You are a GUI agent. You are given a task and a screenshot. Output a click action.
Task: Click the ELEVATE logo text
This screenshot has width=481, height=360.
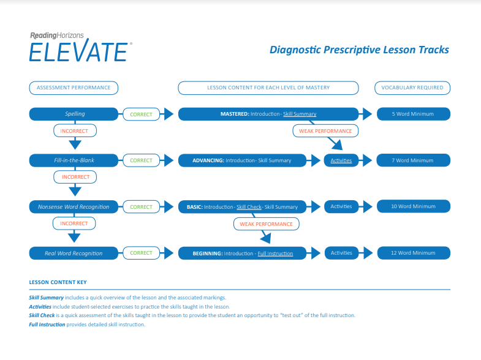[x=78, y=51]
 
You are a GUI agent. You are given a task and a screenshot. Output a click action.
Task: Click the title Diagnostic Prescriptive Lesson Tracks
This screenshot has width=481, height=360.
[x=359, y=50]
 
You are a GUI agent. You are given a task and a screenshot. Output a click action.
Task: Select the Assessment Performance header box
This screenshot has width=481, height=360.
[x=74, y=88]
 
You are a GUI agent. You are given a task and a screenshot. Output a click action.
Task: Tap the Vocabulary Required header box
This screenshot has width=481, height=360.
[x=412, y=88]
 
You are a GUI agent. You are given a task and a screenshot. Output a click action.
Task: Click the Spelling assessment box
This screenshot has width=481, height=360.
[x=74, y=114]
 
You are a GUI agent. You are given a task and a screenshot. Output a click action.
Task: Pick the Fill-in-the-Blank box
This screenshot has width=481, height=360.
[x=74, y=160]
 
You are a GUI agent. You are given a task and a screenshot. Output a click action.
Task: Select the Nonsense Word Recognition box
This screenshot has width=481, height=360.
[x=74, y=207]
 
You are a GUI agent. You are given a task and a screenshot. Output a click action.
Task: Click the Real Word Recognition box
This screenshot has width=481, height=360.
[x=74, y=253]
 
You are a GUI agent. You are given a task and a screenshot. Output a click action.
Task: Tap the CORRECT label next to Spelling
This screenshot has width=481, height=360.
[x=141, y=114]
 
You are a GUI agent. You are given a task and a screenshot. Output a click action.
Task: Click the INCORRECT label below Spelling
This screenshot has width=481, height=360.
[x=75, y=130]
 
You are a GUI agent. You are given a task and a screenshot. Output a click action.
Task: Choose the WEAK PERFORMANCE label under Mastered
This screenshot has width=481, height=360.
[x=325, y=130]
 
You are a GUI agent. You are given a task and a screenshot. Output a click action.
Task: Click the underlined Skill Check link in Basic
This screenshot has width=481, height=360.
[x=249, y=207]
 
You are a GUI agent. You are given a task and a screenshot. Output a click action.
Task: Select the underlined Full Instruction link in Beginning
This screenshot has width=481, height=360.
[x=275, y=253]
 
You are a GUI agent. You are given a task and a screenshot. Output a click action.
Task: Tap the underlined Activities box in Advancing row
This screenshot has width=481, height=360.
[x=341, y=160]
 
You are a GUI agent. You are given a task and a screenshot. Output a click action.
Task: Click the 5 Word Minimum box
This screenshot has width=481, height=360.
[x=413, y=114]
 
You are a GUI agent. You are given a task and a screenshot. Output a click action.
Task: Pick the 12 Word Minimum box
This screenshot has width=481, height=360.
[x=413, y=253]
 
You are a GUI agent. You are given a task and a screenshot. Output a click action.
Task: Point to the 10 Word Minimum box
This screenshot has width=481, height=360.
[x=413, y=207]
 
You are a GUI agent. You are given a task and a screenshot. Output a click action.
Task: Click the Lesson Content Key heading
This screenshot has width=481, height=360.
[x=58, y=282]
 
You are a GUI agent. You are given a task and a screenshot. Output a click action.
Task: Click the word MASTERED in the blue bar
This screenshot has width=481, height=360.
[x=234, y=114]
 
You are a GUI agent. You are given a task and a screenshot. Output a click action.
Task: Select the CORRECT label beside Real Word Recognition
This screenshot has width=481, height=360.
[x=141, y=253]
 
